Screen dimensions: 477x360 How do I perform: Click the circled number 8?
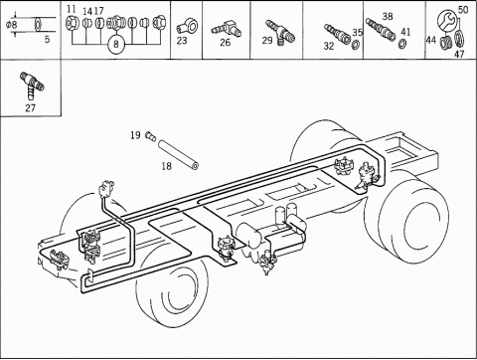click(x=116, y=44)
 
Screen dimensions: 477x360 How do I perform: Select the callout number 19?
click(x=135, y=135)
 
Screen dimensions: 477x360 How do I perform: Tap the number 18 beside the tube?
click(x=167, y=166)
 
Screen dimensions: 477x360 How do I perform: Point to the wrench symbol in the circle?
click(x=447, y=20)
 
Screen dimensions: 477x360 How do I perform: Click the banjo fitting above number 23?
click(x=188, y=26)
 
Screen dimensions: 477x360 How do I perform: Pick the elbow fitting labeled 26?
click(x=227, y=30)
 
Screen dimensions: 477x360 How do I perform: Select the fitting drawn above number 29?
click(x=280, y=32)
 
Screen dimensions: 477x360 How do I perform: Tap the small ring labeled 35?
click(x=356, y=44)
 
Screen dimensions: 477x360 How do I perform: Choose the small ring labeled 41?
click(x=403, y=44)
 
